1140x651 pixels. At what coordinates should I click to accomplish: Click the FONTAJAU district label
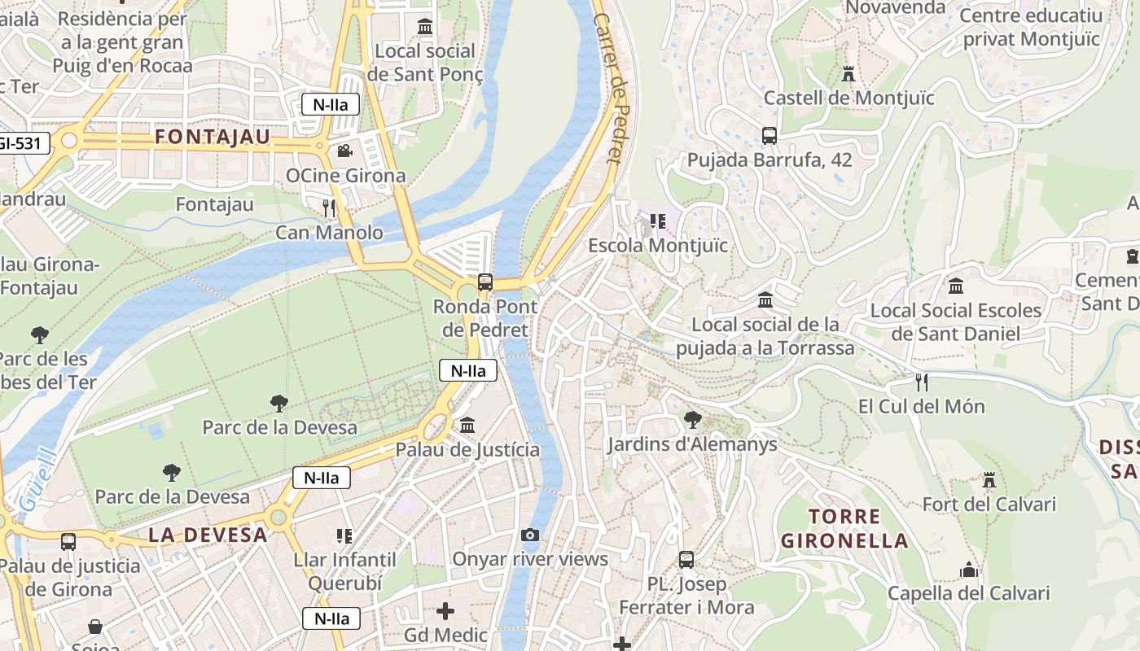pos(212,137)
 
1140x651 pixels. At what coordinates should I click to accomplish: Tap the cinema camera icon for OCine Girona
pos(344,151)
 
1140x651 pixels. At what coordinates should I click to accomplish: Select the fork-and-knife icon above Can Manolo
pos(329,208)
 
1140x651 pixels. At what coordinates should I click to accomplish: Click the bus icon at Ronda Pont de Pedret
pos(485,282)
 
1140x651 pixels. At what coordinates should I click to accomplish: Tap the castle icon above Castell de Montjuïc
pos(848,74)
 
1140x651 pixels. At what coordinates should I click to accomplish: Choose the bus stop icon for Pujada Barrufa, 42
pos(769,136)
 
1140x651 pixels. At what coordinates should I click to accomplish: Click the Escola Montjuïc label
pos(658,245)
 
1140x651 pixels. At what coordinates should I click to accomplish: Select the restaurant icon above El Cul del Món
pos(922,382)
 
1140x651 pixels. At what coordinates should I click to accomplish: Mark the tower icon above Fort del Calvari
pos(989,480)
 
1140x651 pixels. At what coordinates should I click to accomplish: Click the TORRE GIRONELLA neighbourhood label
pos(844,528)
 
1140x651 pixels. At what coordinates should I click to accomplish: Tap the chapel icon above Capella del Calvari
pos(968,570)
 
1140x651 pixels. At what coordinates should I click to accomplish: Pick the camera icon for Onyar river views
pos(530,535)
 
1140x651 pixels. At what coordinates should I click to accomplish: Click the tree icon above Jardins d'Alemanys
pos(692,420)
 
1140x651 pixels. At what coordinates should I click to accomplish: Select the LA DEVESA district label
pos(208,535)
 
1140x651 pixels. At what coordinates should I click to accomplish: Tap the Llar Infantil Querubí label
pos(344,571)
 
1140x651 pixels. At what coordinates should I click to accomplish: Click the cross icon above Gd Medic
pos(445,610)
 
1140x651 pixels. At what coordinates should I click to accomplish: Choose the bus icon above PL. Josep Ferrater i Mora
pos(686,560)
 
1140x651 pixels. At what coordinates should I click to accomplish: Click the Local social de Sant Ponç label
pos(425,63)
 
